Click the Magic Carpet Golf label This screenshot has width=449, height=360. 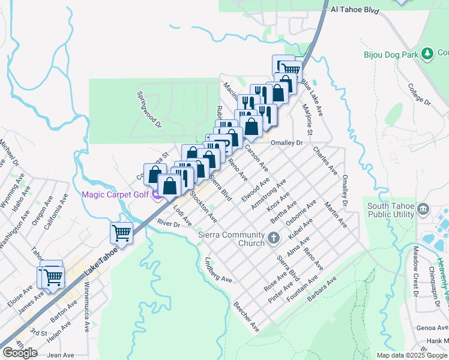[x=115, y=194]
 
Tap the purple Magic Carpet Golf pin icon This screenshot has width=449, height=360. [x=157, y=194]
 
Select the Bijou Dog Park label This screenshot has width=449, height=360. [x=391, y=55]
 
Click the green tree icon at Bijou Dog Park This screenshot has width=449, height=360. [x=427, y=54]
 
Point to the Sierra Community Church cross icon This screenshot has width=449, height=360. [x=273, y=239]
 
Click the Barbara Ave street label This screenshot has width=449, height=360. [x=322, y=288]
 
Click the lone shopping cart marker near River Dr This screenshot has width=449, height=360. [x=122, y=233]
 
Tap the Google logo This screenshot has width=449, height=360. [x=20, y=353]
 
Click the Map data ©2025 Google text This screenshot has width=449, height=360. [x=411, y=355]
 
